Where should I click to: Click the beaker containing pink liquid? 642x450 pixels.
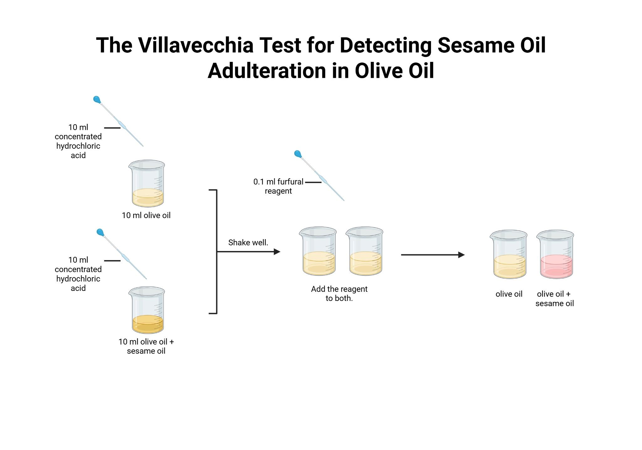(x=555, y=254)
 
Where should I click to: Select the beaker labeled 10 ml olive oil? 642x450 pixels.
(x=146, y=184)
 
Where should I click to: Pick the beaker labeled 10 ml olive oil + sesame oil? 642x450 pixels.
(x=146, y=310)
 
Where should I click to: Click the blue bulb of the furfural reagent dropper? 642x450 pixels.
(x=298, y=154)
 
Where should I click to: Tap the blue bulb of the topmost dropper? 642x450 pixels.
(x=97, y=100)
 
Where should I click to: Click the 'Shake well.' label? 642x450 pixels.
(x=248, y=243)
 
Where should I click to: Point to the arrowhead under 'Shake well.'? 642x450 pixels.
(x=277, y=252)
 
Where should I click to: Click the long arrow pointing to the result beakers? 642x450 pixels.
(x=433, y=255)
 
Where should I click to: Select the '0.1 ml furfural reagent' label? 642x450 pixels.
(x=278, y=186)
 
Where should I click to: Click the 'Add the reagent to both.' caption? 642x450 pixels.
(x=339, y=294)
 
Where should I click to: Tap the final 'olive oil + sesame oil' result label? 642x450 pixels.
(x=555, y=299)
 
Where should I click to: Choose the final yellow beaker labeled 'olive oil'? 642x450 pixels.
(x=508, y=254)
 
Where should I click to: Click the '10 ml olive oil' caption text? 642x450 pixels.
(x=146, y=215)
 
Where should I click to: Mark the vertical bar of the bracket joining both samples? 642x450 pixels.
(x=217, y=252)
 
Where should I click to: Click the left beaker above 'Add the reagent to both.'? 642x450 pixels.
(x=318, y=251)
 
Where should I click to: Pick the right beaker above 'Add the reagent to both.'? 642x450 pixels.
(x=365, y=251)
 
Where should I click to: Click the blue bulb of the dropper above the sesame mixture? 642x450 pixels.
(x=100, y=233)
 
